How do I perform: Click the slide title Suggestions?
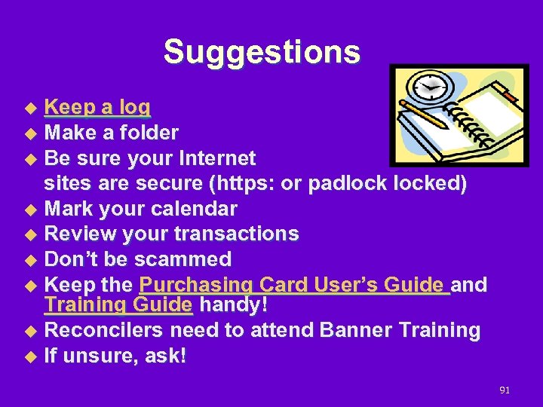point(262,52)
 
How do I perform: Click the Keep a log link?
point(97,108)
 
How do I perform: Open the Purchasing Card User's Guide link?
point(294,285)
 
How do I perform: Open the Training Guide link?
point(118,305)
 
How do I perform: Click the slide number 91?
point(505,390)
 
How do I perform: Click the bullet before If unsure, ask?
point(31,357)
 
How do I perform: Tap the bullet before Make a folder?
point(31,134)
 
